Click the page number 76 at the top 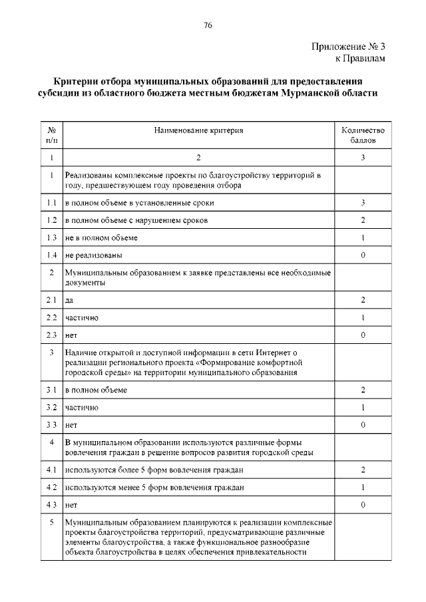pyautogui.click(x=208, y=25)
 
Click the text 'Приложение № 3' pyautogui.click(x=348, y=47)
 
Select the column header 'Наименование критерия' pyautogui.click(x=198, y=131)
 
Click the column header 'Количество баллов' pyautogui.click(x=363, y=136)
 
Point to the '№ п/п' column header pyautogui.click(x=51, y=136)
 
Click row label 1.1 pyautogui.click(x=51, y=202)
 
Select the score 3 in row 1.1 pyautogui.click(x=363, y=202)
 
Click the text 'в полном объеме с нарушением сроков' pyautogui.click(x=136, y=220)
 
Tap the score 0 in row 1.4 pyautogui.click(x=363, y=255)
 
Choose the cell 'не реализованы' pyautogui.click(x=93, y=255)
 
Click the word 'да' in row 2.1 pyautogui.click(x=69, y=301)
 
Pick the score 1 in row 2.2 pyautogui.click(x=363, y=318)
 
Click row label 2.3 pyautogui.click(x=51, y=335)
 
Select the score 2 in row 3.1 pyautogui.click(x=363, y=389)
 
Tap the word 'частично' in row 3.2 pyautogui.click(x=82, y=406)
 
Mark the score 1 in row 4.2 pyautogui.click(x=363, y=488)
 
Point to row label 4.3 pyautogui.click(x=51, y=505)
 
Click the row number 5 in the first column pyautogui.click(x=51, y=522)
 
